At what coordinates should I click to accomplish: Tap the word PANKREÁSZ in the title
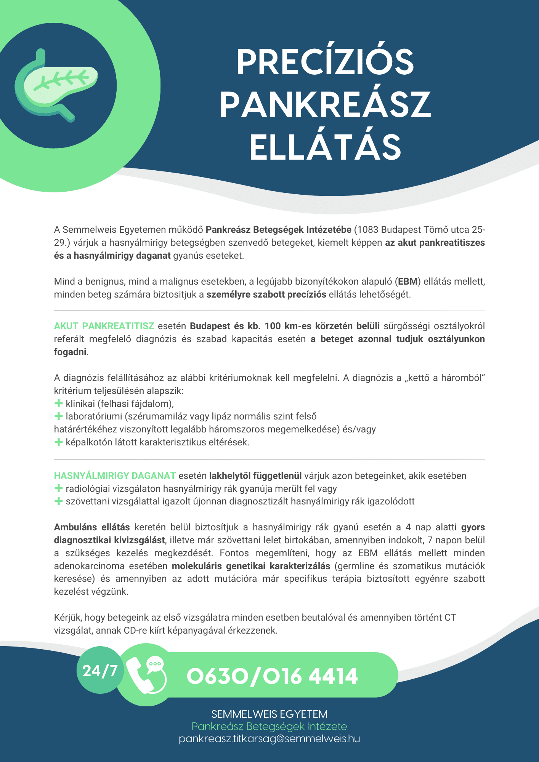point(325,105)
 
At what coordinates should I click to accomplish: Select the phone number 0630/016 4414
point(272,676)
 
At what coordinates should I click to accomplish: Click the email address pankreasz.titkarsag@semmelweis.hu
point(269,739)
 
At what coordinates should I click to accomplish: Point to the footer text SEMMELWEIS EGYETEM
point(269,714)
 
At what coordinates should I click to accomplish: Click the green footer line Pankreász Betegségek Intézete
point(269,726)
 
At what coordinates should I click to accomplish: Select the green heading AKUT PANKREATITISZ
point(104,326)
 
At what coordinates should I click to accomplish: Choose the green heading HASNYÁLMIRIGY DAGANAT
point(115,476)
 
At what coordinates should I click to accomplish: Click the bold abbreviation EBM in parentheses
point(408,282)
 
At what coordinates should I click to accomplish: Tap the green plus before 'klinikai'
point(58,403)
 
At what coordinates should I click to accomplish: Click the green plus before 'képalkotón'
point(58,442)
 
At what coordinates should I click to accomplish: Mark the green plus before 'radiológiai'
point(58,488)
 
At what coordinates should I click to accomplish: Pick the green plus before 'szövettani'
point(58,501)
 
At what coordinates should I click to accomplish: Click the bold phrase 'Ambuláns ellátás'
point(92,527)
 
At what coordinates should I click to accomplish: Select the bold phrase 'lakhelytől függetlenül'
point(255,476)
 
